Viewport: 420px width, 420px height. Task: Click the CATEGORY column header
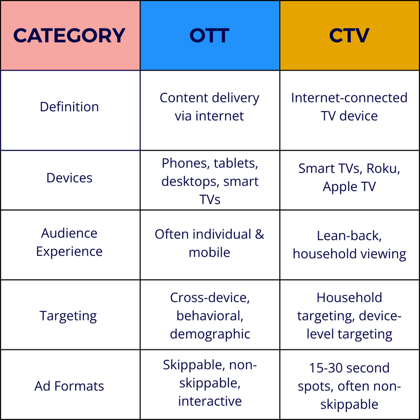pyautogui.click(x=70, y=35)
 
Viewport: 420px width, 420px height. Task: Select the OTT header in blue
pyautogui.click(x=210, y=35)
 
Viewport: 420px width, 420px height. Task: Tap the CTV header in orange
pyautogui.click(x=349, y=35)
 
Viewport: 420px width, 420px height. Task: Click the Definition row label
pyautogui.click(x=69, y=107)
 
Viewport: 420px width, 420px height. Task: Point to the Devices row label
pyautogui.click(x=69, y=178)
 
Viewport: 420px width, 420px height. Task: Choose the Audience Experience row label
pyautogui.click(x=69, y=242)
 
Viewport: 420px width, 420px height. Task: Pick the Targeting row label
pyautogui.click(x=68, y=316)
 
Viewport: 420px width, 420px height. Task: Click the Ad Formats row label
pyautogui.click(x=69, y=386)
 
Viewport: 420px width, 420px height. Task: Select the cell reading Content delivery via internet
pyautogui.click(x=210, y=107)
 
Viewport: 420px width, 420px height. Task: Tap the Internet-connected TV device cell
pyautogui.click(x=349, y=107)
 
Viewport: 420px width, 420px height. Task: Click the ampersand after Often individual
pyautogui.click(x=260, y=234)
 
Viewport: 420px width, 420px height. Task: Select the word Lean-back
pyautogui.click(x=349, y=236)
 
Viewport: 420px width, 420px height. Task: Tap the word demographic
pyautogui.click(x=210, y=334)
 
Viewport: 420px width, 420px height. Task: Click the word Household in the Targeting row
pyautogui.click(x=349, y=297)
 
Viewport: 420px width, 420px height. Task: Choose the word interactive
pyautogui.click(x=210, y=401)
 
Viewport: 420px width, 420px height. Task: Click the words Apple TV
pyautogui.click(x=349, y=187)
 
